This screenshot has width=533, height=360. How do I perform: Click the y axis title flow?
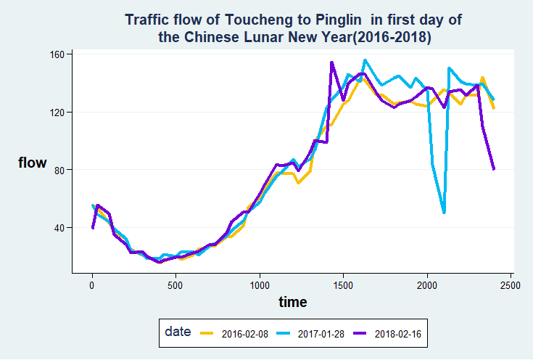(x=32, y=163)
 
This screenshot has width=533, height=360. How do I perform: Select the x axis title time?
(x=294, y=302)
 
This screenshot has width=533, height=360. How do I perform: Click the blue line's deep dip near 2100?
(x=444, y=212)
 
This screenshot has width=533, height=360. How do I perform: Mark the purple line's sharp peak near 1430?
(x=331, y=63)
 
